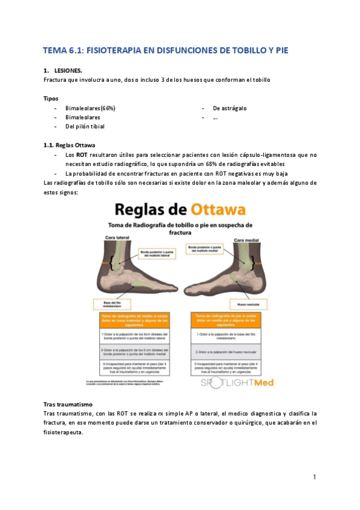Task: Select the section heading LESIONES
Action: click(69, 70)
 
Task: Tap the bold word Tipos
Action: click(52, 97)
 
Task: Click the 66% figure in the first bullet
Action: click(108, 108)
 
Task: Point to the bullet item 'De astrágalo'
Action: click(230, 108)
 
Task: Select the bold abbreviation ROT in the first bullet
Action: click(82, 155)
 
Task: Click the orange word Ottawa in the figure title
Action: click(218, 210)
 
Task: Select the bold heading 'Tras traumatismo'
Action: click(69, 404)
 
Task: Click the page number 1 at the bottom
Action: click(314, 477)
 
